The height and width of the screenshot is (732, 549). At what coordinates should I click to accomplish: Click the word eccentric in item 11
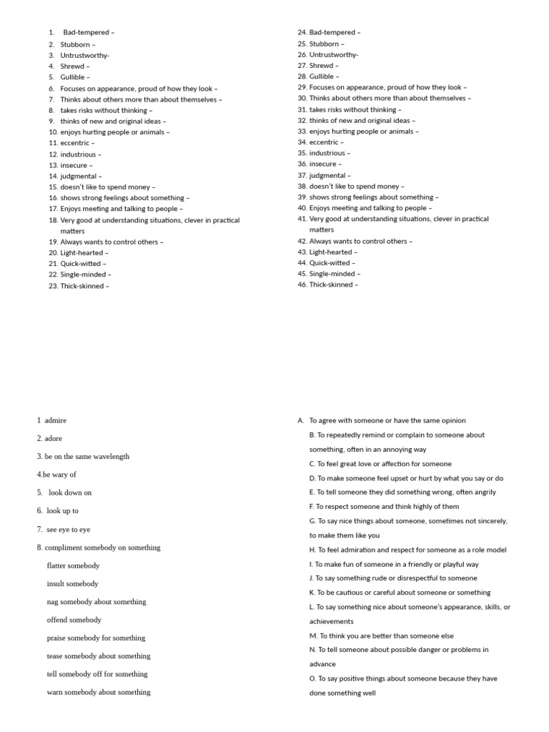tap(74, 143)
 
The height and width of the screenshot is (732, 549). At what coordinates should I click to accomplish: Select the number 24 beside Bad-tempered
tap(302, 32)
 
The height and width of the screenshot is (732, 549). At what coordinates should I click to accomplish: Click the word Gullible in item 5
tap(73, 77)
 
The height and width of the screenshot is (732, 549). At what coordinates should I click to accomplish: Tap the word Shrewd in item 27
tap(322, 66)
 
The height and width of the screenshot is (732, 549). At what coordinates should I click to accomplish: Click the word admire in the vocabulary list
tap(55, 420)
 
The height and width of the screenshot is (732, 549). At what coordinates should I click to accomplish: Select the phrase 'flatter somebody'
tap(73, 565)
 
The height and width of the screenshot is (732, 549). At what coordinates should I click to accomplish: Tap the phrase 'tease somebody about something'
tap(99, 656)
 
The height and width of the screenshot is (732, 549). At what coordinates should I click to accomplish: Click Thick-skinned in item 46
tap(331, 285)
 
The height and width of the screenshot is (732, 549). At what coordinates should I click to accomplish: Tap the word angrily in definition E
tap(482, 492)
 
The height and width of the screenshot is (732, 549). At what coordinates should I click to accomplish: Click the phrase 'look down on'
tap(70, 493)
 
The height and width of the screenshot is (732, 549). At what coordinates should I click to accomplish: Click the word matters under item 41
tap(322, 230)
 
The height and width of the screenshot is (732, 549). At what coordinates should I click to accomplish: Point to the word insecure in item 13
tap(74, 165)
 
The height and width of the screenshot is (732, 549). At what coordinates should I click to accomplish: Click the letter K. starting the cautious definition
tap(312, 593)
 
